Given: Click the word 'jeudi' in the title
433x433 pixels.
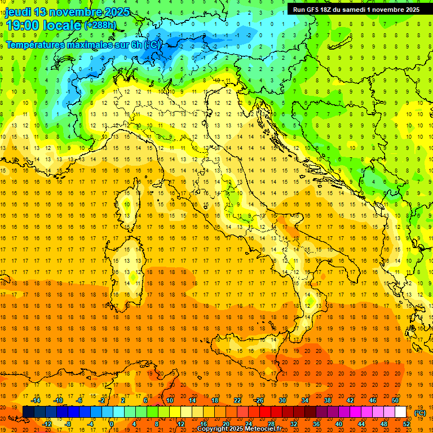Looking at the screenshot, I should click(x=18, y=11).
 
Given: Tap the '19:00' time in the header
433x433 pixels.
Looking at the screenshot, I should click(x=22, y=25).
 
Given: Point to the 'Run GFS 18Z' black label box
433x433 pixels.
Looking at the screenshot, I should click(x=356, y=9).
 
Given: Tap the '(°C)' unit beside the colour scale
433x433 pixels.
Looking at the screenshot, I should click(x=420, y=413).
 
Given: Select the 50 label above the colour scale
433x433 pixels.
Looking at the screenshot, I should click(x=395, y=400).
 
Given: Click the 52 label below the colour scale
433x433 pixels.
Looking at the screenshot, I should click(x=407, y=424).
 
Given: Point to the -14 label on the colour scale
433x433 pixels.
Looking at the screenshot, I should click(x=37, y=400).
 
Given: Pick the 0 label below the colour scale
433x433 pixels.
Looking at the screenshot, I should click(x=112, y=424).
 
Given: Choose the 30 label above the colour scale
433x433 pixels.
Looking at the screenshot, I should click(x=282, y=400).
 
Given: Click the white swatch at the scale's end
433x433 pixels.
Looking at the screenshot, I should click(x=401, y=412).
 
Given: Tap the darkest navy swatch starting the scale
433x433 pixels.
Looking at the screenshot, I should click(x=28, y=412).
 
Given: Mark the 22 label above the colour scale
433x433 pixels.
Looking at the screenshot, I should click(x=237, y=400).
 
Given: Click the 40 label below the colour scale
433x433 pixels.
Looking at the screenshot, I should click(x=339, y=424).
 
